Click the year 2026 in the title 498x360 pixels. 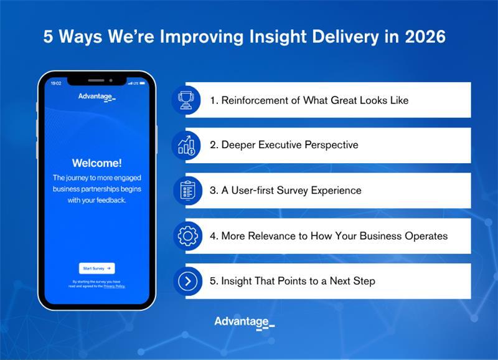[x=423, y=37]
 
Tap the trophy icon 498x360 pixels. [x=187, y=100]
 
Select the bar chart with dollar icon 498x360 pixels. [x=187, y=145]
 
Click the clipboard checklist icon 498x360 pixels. [x=187, y=191]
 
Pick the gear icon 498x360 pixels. [x=187, y=236]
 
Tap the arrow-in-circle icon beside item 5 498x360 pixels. [x=187, y=282]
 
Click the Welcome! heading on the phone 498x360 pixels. [x=96, y=163]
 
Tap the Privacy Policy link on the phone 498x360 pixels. [x=114, y=286]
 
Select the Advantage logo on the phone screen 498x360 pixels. [x=96, y=97]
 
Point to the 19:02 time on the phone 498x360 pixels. [x=56, y=83]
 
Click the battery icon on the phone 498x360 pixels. [x=142, y=83]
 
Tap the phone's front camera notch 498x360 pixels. [x=96, y=80]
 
